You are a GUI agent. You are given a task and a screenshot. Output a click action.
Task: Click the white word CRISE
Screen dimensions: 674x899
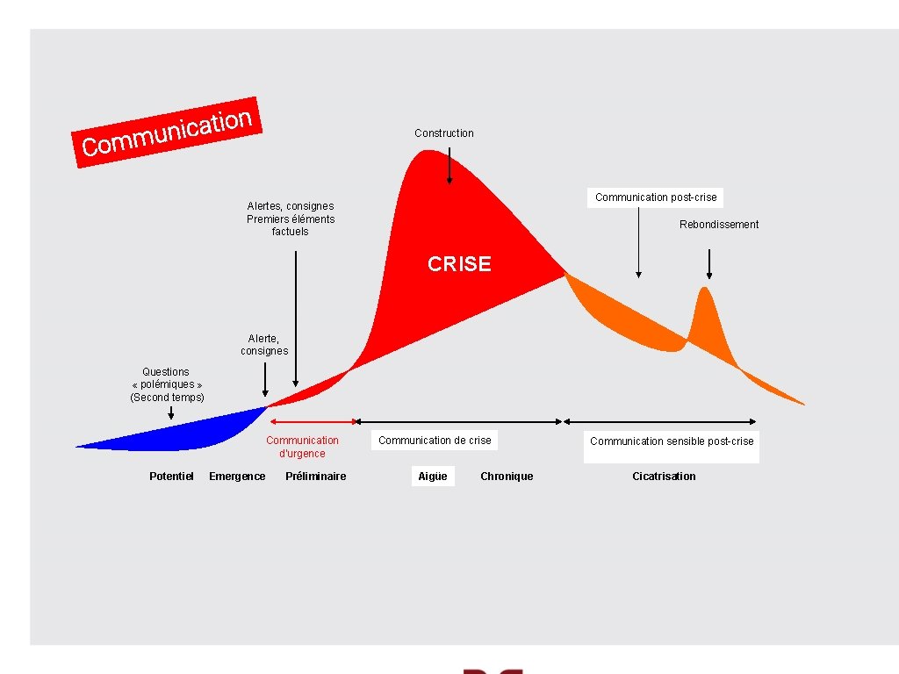click(x=459, y=264)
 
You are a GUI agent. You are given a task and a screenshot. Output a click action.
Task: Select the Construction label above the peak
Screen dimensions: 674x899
click(x=443, y=133)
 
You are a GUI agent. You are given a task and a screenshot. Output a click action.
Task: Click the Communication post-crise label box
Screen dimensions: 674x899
click(x=656, y=197)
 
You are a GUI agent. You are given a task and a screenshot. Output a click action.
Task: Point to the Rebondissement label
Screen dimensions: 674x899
click(x=719, y=225)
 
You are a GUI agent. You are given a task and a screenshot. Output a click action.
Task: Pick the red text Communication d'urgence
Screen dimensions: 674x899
click(x=302, y=447)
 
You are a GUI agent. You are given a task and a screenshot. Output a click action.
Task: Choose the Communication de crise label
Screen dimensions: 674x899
click(x=435, y=441)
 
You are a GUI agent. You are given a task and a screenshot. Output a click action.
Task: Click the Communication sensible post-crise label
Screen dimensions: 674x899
click(x=672, y=441)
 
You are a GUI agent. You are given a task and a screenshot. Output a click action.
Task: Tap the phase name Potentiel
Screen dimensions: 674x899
click(x=171, y=477)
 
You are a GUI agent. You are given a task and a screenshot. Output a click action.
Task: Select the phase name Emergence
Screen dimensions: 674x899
click(x=237, y=477)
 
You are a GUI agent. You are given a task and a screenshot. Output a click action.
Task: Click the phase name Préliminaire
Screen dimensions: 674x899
click(x=316, y=477)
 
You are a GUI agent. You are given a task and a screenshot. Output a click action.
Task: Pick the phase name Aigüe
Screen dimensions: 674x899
click(x=433, y=477)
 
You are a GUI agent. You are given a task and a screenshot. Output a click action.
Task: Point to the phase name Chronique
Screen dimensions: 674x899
click(x=507, y=477)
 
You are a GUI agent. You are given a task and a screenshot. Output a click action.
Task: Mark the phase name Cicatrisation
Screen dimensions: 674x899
click(x=664, y=477)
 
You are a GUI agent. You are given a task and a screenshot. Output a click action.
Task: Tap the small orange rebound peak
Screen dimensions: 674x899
click(x=703, y=316)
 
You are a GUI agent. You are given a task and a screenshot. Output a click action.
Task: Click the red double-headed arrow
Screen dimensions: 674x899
click(x=313, y=421)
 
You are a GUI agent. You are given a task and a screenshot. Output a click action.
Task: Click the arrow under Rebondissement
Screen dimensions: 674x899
click(x=709, y=263)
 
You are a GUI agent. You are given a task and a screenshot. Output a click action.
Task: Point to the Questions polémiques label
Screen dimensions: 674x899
click(x=167, y=384)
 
